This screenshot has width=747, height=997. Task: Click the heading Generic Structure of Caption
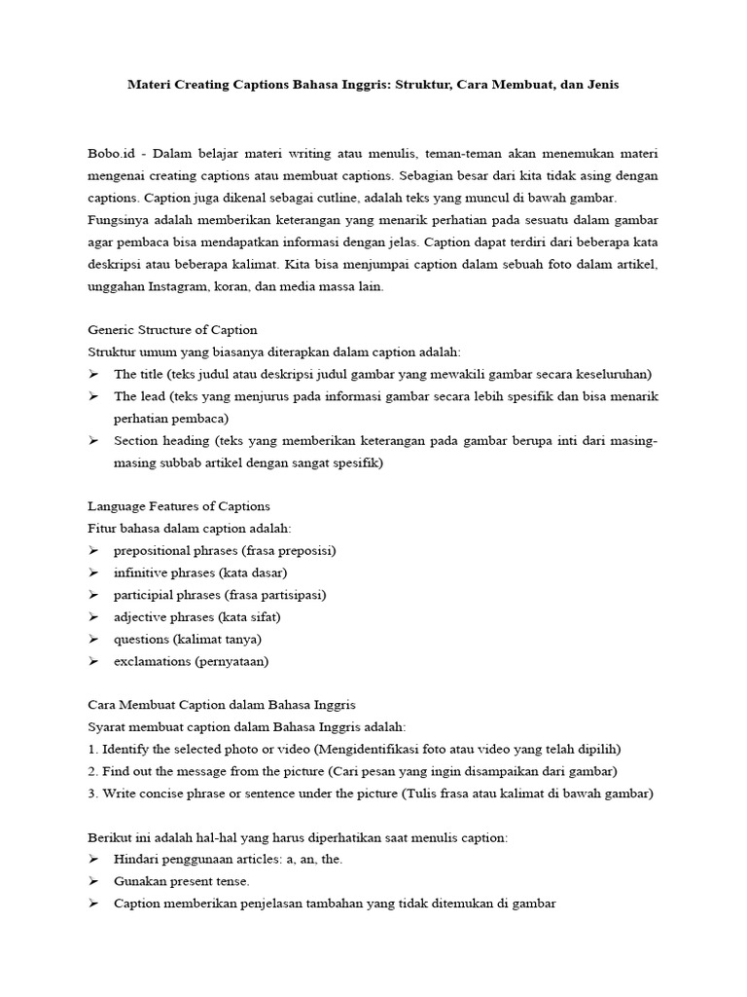point(172,330)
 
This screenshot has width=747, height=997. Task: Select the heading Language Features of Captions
point(179,506)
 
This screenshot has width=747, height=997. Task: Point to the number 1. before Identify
point(93,749)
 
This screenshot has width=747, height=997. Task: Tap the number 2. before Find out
point(93,771)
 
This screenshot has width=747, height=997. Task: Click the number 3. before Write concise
point(93,794)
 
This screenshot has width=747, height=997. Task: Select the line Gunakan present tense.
point(182,881)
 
